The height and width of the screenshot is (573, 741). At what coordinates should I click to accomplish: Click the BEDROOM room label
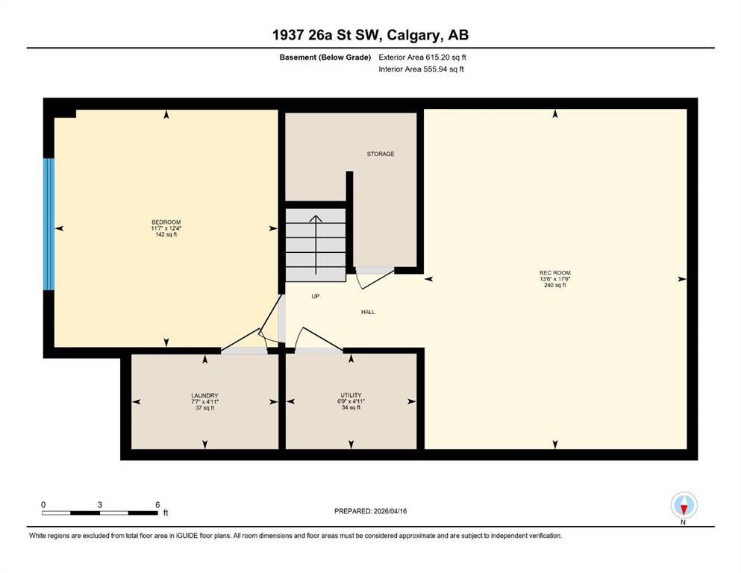166,222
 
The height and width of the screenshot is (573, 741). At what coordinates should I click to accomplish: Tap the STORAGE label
381,154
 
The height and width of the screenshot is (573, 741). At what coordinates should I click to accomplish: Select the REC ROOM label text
554,272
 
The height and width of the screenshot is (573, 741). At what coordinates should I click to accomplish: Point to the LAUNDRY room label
204,395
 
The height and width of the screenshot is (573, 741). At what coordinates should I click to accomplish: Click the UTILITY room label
351,395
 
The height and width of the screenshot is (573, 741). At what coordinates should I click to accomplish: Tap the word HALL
368,312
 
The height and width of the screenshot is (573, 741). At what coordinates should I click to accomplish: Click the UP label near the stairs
315,296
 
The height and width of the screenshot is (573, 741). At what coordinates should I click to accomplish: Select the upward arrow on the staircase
316,245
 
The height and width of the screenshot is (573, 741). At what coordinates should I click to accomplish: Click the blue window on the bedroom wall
49,224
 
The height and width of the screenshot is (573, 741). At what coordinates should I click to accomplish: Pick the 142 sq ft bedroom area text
166,234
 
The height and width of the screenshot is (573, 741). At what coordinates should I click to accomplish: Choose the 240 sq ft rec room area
554,285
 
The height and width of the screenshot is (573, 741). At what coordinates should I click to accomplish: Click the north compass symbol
684,505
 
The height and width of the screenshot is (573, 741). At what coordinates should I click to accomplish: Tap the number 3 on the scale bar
100,504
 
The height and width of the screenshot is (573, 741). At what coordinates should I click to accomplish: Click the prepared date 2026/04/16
390,511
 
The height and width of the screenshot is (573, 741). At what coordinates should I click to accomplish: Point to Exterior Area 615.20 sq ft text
422,57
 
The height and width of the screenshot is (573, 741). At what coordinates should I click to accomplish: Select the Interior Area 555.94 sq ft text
421,69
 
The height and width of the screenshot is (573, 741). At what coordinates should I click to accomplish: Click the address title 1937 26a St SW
329,35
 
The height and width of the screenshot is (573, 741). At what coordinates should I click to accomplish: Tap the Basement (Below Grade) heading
325,57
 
